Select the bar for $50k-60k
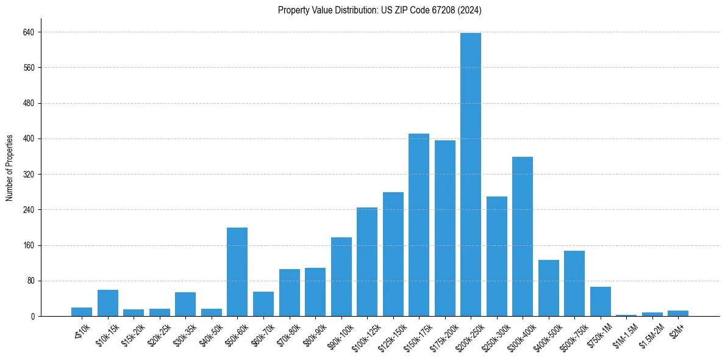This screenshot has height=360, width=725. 237,272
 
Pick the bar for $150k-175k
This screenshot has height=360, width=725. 419,225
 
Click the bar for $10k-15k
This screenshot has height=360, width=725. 108,303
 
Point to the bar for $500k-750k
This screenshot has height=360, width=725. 574,284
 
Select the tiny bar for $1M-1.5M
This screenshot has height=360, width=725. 626,315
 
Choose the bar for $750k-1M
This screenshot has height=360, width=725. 600,301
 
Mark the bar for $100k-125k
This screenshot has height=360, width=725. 367,262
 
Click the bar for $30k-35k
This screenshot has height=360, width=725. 185,304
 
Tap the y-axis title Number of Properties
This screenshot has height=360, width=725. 10,168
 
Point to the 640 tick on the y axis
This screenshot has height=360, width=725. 29,32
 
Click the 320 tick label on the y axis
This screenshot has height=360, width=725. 29,175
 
